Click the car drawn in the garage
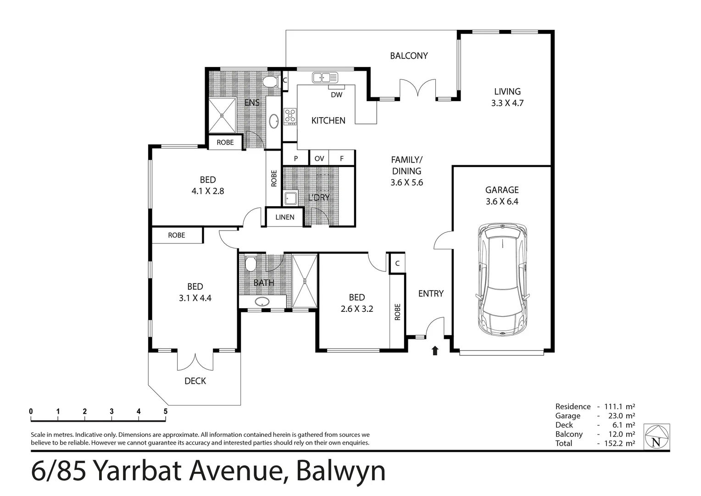[x=502, y=280]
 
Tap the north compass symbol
[x=656, y=437]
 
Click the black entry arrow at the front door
[x=435, y=351]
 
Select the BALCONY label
[x=409, y=56]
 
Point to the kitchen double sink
[x=325, y=78]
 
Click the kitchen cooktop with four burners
[x=290, y=116]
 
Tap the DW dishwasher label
[x=336, y=95]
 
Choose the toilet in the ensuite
[x=271, y=82]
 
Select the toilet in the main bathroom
[x=250, y=264]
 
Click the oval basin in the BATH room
[x=262, y=302]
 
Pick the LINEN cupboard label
[x=285, y=217]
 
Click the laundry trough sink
[x=291, y=198]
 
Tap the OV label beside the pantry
[x=319, y=158]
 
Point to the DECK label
[x=195, y=381]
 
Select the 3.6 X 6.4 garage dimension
[x=502, y=201]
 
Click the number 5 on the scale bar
[x=166, y=411]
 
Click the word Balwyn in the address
[x=341, y=471]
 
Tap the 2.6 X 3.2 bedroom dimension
[x=356, y=309]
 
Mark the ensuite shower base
[x=223, y=116]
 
